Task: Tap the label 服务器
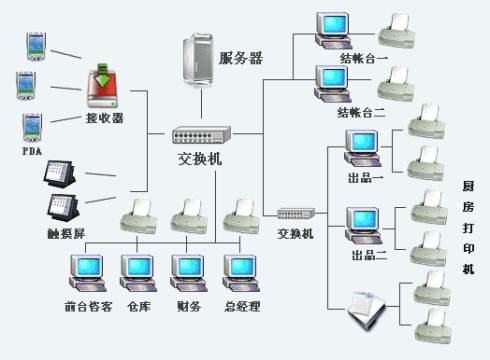coord(240,58)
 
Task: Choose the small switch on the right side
coord(296,214)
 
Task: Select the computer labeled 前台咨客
coord(87,270)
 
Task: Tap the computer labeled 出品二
coord(362,223)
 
